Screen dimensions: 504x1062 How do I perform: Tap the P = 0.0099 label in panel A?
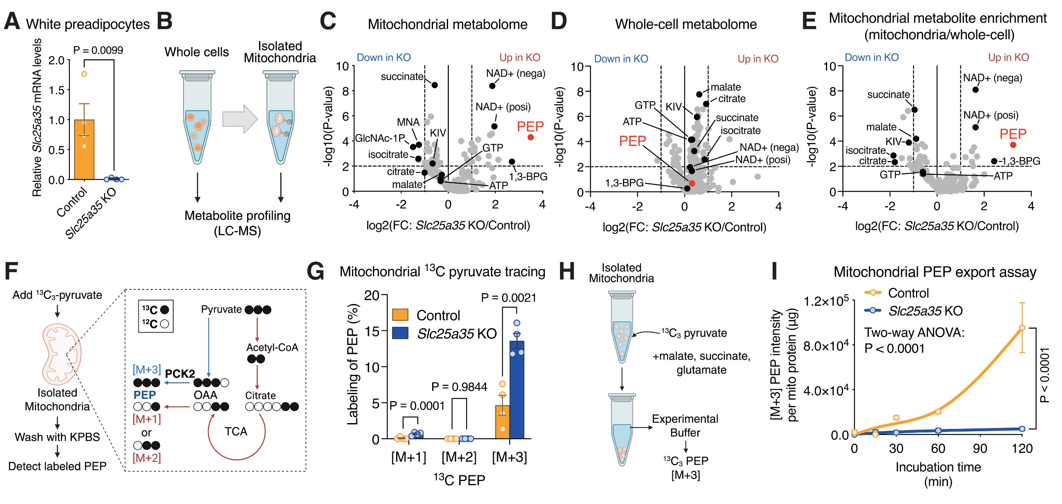pyautogui.click(x=98, y=50)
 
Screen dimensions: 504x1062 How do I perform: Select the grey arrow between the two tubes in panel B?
pyautogui.click(x=240, y=119)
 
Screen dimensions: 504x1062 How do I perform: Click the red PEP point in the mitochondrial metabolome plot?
pyautogui.click(x=531, y=137)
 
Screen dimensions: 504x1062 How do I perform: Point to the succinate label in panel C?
pyautogui.click(x=402, y=77)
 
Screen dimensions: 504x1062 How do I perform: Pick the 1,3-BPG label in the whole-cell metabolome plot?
pyautogui.click(x=624, y=183)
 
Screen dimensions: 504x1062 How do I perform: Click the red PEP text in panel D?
pyautogui.click(x=632, y=141)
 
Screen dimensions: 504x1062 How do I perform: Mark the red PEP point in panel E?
pyautogui.click(x=1013, y=145)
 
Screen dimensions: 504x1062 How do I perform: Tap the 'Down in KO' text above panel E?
pyautogui.click(x=872, y=57)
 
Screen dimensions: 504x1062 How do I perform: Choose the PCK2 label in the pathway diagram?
pyautogui.click(x=180, y=374)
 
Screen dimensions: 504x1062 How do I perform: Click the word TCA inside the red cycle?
pyautogui.click(x=236, y=431)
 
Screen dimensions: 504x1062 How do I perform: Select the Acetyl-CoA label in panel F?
pyautogui.click(x=272, y=347)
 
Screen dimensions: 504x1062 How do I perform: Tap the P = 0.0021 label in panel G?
pyautogui.click(x=509, y=298)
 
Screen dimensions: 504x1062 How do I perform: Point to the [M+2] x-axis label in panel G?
pyautogui.click(x=459, y=457)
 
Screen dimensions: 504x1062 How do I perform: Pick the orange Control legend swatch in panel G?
pyautogui.click(x=400, y=315)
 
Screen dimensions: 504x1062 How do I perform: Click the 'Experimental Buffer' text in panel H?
pyautogui.click(x=685, y=426)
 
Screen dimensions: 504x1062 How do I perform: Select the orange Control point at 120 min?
pyautogui.click(x=1022, y=328)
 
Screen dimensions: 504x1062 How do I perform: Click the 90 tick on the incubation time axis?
pyautogui.click(x=980, y=449)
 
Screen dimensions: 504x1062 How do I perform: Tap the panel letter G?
pyautogui.click(x=316, y=272)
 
